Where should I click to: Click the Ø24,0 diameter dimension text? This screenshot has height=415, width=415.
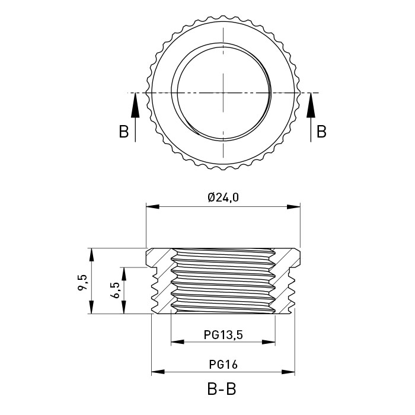pos(223,197)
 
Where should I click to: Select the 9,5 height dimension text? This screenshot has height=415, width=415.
pos(82,282)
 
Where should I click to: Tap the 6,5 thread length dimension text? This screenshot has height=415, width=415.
pos(115,290)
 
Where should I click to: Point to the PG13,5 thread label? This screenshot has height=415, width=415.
pos(223,335)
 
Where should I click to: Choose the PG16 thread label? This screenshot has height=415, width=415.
pos(224,365)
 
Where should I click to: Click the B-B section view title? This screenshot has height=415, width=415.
pos(222,389)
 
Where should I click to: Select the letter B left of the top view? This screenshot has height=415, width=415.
pos(123,132)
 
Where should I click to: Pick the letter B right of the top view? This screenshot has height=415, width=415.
pos(321,132)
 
